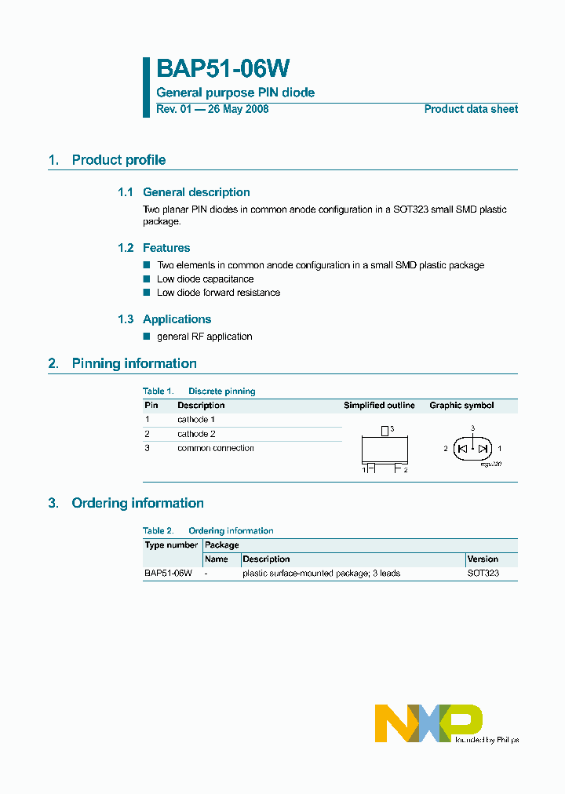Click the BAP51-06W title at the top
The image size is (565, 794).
[224, 69]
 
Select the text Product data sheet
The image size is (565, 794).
[471, 109]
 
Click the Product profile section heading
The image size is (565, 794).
[118, 160]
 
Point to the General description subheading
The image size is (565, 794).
[196, 192]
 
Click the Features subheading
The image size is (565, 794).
[166, 248]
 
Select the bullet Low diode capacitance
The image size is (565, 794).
[205, 279]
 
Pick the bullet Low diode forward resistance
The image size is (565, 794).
[218, 293]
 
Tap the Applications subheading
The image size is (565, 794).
[177, 319]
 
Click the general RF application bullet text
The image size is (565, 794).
[204, 337]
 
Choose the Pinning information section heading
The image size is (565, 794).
[134, 363]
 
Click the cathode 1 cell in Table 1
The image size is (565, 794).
[196, 420]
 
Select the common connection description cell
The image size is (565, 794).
[216, 448]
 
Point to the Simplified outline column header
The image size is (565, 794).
[379, 406]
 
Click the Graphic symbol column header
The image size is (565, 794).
[461, 406]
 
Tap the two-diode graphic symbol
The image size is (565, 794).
[472, 449]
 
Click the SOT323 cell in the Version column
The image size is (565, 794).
[483, 574]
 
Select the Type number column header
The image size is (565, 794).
[171, 545]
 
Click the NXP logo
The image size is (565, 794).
[428, 723]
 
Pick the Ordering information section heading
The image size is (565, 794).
[137, 503]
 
